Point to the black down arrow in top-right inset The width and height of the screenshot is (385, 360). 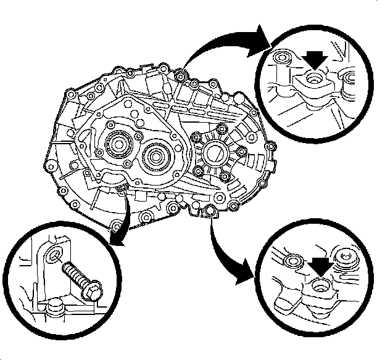(x=315, y=59)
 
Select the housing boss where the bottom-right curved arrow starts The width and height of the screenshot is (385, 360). (x=210, y=212)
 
